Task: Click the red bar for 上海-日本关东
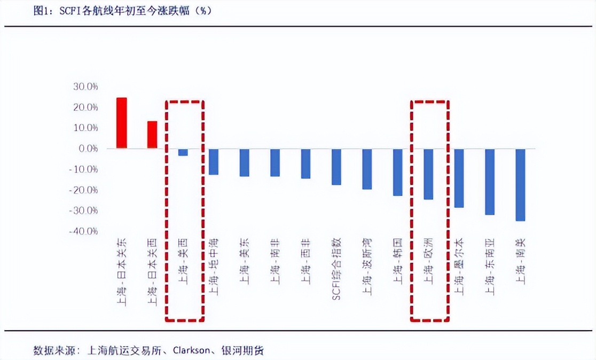point(122,123)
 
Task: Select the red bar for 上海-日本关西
point(152,135)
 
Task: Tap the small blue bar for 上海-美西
point(183,152)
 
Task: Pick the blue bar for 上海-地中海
point(214,162)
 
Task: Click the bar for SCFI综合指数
point(336,167)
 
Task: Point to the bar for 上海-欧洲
point(428,174)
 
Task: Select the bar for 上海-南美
point(520,185)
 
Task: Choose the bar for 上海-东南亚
point(490,182)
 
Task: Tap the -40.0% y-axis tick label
point(84,231)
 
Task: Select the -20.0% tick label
point(84,190)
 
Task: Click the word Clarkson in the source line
point(189,351)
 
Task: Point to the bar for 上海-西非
point(305,164)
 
